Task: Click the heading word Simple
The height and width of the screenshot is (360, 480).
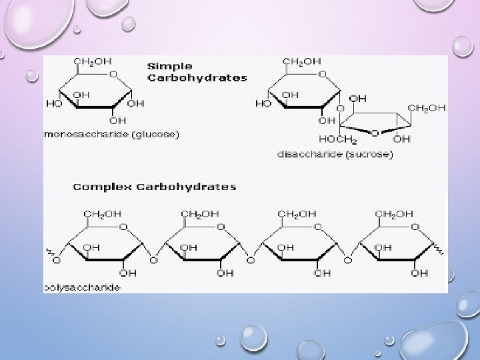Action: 169,66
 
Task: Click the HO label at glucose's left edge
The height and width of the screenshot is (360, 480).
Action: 51,104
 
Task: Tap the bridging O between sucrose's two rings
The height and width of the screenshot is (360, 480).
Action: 340,109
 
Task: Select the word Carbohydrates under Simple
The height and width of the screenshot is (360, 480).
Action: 197,77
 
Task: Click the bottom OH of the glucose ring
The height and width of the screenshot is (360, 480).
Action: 117,121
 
